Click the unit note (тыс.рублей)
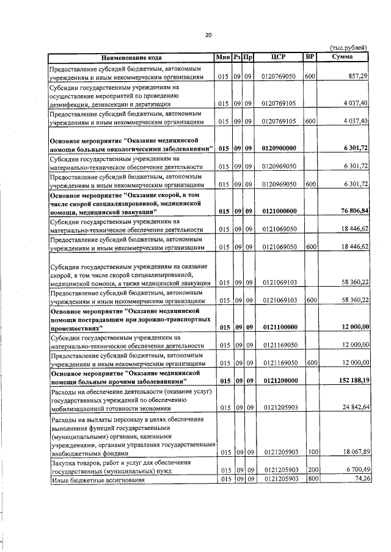pyautogui.click(x=348, y=48)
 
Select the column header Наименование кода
pyautogui.click(x=131, y=57)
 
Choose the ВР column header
pyautogui.click(x=310, y=57)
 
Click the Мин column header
pyautogui.click(x=223, y=57)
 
